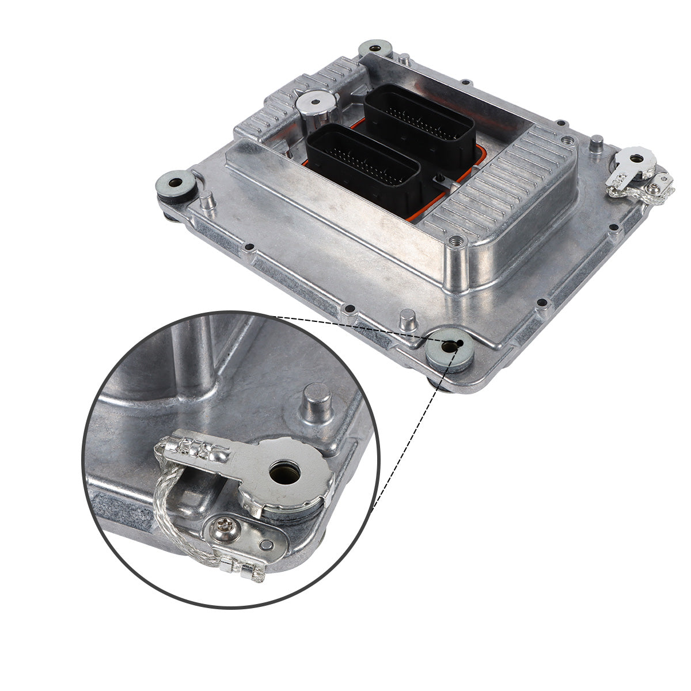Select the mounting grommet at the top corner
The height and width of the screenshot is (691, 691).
(375, 48)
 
